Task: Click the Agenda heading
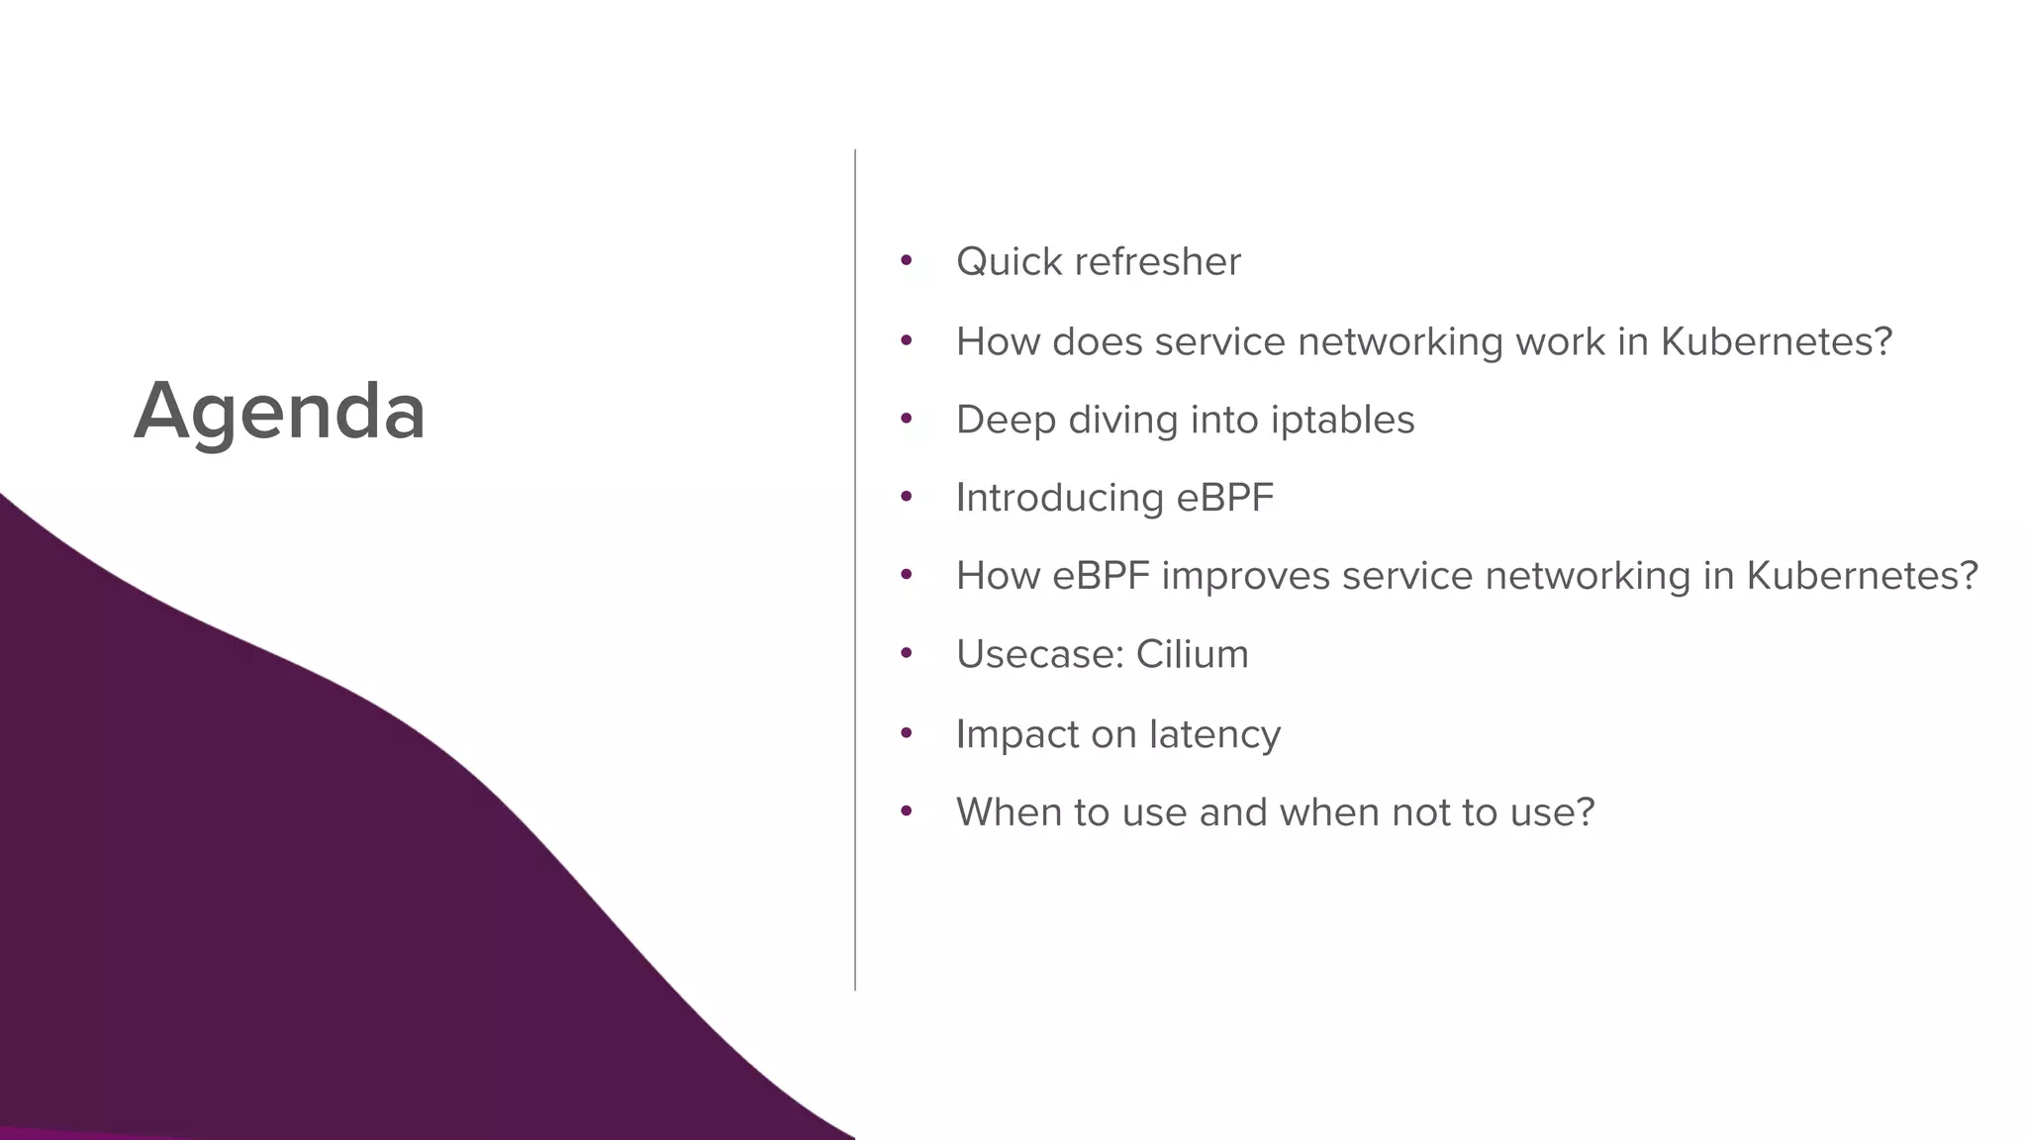(x=280, y=411)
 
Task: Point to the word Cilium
(x=1192, y=654)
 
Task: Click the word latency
(x=1214, y=734)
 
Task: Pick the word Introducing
(x=1058, y=498)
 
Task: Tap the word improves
(x=1245, y=576)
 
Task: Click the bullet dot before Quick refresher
(x=906, y=261)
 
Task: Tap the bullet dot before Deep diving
(x=906, y=419)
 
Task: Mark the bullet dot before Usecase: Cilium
(x=906, y=653)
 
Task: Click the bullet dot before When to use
(x=906, y=811)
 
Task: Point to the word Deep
(x=1006, y=420)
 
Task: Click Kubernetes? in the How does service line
(x=1776, y=341)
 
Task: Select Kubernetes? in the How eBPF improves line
(x=1862, y=576)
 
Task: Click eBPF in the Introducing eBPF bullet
(x=1224, y=498)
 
